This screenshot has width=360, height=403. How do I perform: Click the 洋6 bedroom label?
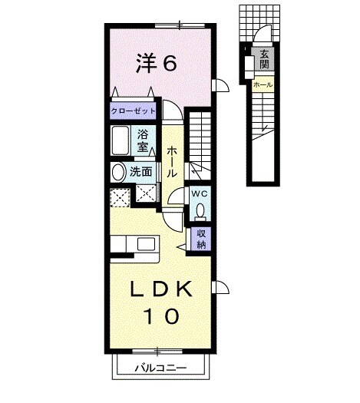point(157,62)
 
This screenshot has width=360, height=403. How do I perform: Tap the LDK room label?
point(161,289)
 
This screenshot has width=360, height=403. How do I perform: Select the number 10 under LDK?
point(161,316)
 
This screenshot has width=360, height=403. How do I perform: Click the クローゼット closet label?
point(133,111)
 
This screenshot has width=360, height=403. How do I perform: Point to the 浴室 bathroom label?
point(143,140)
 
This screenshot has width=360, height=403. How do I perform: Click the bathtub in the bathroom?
point(121,140)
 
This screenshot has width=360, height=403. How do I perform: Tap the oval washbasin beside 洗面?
point(118,172)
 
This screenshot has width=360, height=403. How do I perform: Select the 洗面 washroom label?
point(140,172)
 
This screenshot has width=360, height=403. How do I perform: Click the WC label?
point(200,194)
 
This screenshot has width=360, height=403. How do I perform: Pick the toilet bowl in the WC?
point(200,211)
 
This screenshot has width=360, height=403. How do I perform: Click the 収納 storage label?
point(201,239)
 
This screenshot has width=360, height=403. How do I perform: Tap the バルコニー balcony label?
point(160,368)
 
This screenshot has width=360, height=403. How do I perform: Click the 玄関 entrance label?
point(264,59)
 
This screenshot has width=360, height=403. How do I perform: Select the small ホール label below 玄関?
point(263,84)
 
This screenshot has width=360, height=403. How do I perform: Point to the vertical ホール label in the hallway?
point(172,162)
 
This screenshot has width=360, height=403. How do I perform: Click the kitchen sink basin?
point(146,244)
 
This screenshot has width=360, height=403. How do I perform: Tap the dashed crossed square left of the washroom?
point(120,197)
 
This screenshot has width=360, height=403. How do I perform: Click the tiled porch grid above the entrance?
point(259,23)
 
